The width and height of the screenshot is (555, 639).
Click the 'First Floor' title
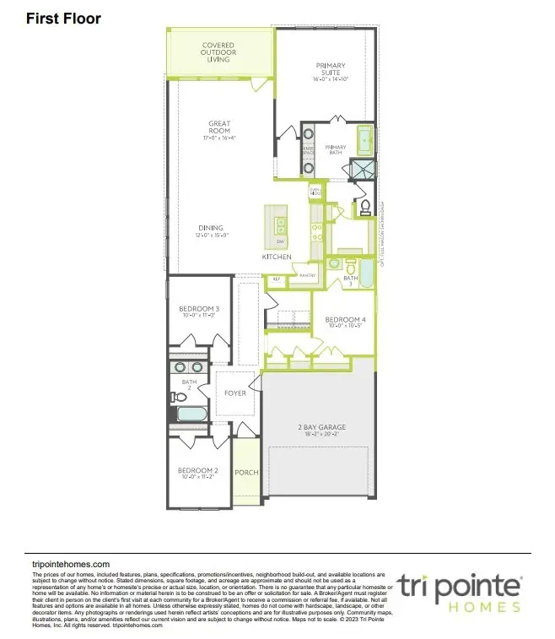(63, 18)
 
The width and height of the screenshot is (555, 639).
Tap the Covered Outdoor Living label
(218, 52)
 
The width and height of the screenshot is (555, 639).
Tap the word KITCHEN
(277, 256)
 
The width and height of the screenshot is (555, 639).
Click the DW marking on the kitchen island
(279, 242)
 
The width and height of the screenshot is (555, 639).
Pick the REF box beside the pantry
(276, 278)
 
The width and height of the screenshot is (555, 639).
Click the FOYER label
(234, 393)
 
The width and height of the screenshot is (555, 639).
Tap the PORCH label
(246, 473)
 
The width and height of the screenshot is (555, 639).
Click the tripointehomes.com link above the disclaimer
(71, 564)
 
